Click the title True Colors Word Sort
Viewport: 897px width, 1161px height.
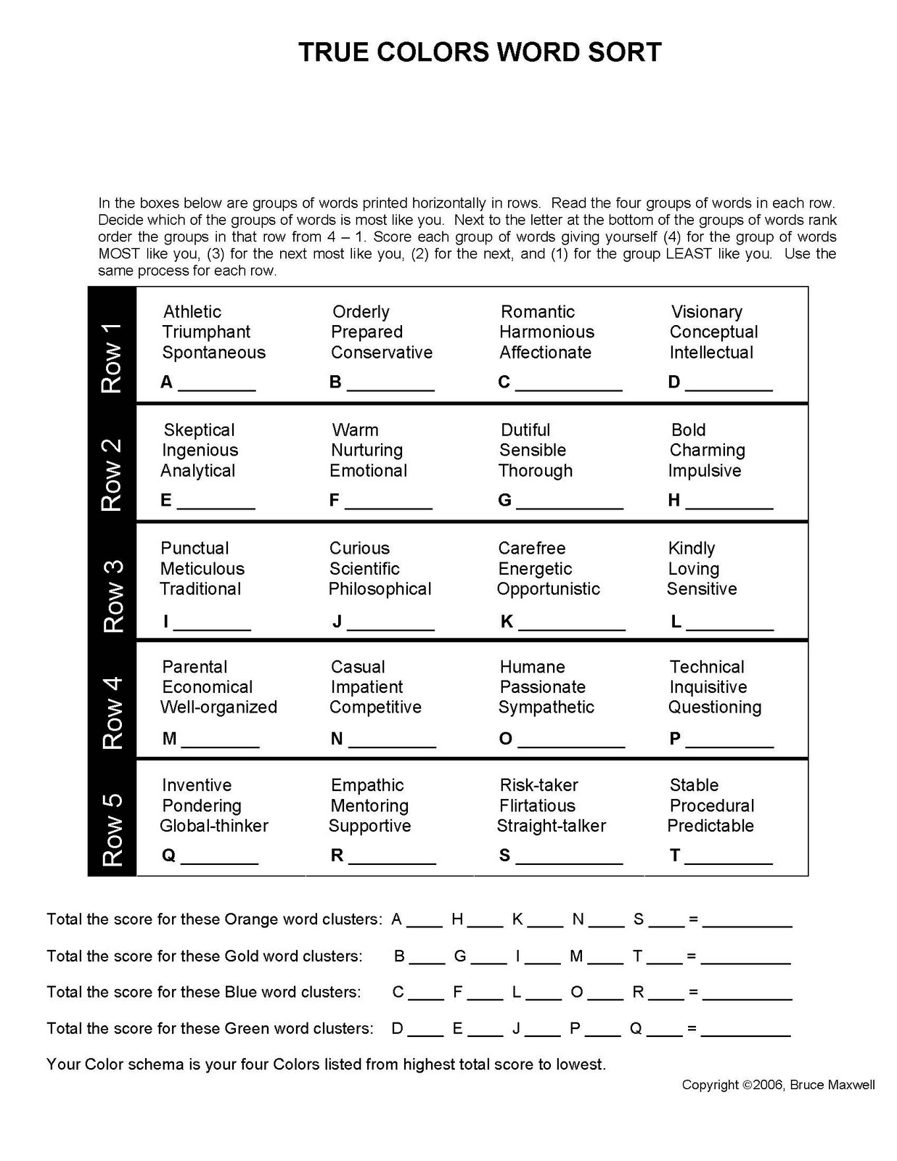[x=480, y=52]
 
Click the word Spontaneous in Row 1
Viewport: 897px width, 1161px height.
[x=213, y=353]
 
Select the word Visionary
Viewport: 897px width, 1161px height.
[x=706, y=312]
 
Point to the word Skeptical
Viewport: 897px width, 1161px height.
[x=199, y=430]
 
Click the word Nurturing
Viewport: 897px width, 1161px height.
[x=366, y=451]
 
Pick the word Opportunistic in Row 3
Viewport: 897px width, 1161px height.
[x=548, y=589]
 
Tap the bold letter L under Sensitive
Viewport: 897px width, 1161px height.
[x=676, y=622]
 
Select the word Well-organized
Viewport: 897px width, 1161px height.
[x=218, y=707]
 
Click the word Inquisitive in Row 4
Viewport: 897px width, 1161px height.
[x=708, y=687]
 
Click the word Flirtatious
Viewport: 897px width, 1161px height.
[x=537, y=806]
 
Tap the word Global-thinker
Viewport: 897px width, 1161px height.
[x=214, y=826]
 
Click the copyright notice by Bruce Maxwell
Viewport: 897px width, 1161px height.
[x=778, y=1085]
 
